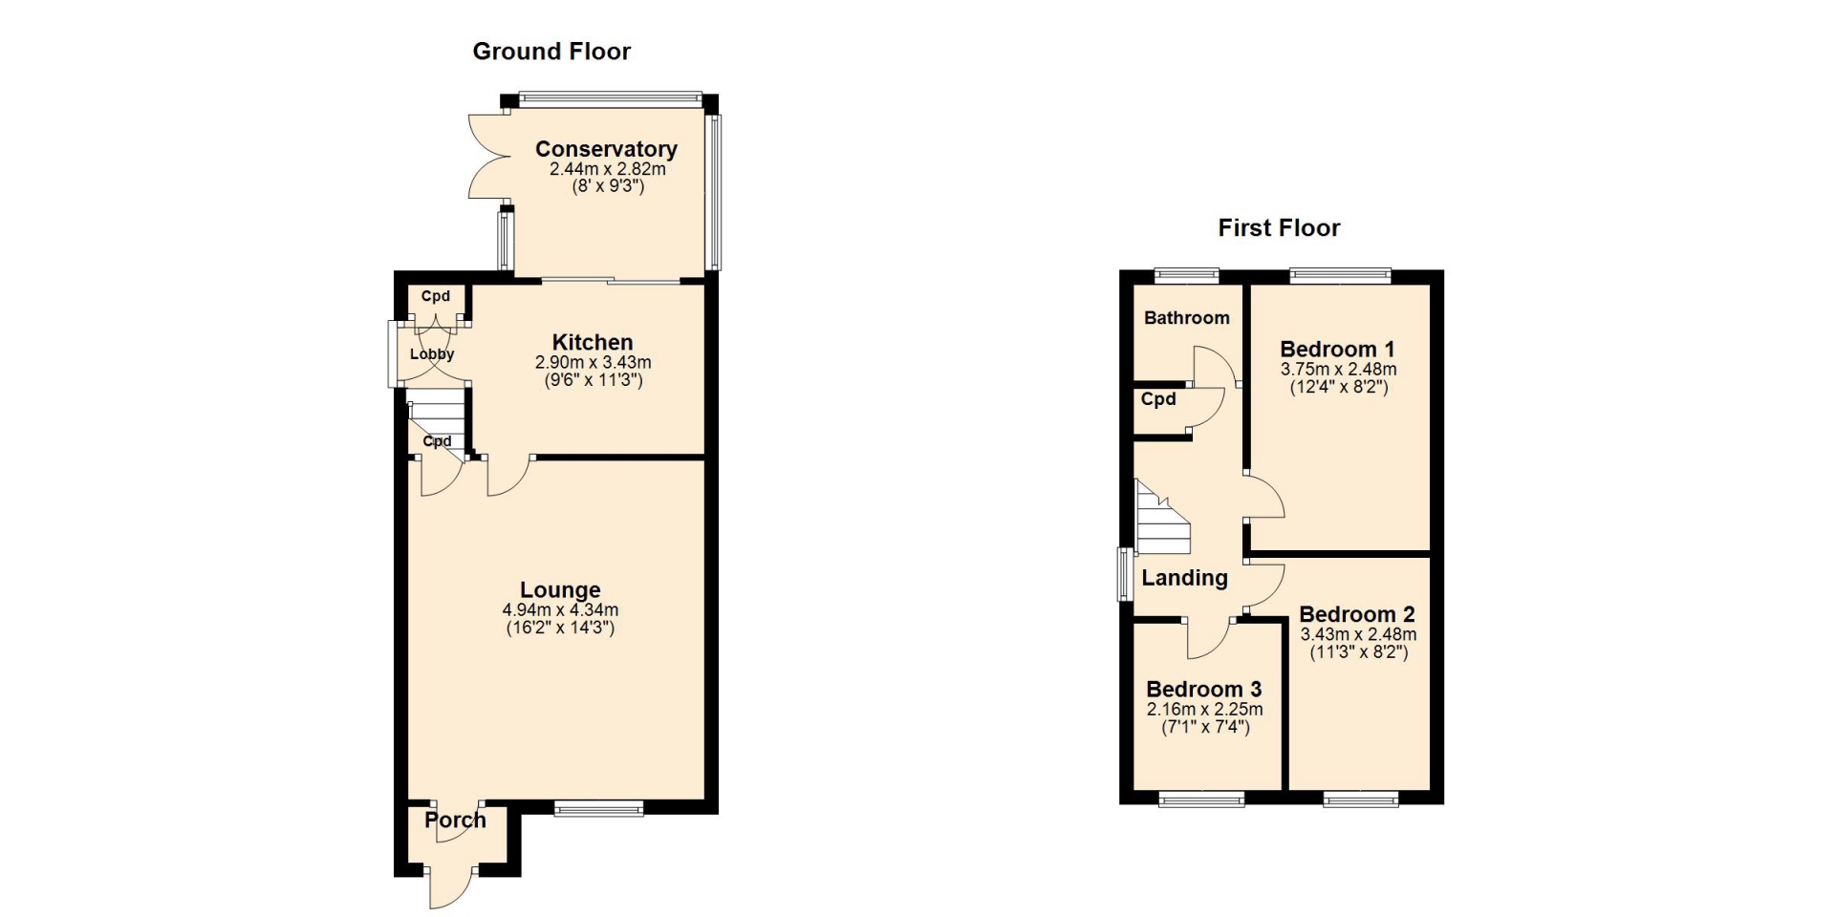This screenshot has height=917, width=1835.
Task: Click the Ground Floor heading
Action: point(551,52)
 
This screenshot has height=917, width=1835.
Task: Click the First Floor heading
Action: point(1279,227)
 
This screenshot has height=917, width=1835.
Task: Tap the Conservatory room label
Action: point(606,149)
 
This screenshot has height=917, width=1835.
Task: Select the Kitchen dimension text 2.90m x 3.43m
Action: point(593,363)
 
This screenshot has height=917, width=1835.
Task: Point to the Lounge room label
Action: point(560,590)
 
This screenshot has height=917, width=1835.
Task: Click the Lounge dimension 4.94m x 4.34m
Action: point(560,610)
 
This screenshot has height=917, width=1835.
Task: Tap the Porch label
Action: point(455,820)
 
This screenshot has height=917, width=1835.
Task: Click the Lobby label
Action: point(432,353)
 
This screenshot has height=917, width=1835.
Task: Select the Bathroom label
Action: point(1187,318)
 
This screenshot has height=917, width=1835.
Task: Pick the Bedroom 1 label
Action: point(1337,349)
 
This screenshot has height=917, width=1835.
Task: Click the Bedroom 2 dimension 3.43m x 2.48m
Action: point(1358,634)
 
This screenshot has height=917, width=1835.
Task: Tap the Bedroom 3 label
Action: point(1204,689)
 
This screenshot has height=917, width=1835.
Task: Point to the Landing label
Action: point(1184,578)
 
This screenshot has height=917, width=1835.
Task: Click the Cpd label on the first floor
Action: point(1158,399)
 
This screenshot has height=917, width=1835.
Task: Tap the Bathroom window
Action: point(1187,276)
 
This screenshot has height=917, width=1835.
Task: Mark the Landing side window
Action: point(1126,574)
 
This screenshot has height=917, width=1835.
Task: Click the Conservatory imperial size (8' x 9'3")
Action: point(608,186)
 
